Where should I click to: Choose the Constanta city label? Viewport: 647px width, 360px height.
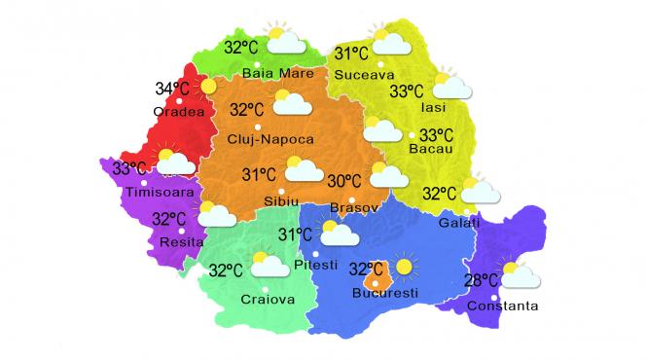click(502, 307)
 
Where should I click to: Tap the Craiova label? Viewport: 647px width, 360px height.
click(267, 299)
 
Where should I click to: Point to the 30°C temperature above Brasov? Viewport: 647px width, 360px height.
click(344, 181)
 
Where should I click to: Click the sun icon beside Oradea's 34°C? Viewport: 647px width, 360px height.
click(208, 88)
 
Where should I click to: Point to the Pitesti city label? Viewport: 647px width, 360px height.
click(315, 265)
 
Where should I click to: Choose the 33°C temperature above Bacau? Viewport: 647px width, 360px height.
click(435, 135)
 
